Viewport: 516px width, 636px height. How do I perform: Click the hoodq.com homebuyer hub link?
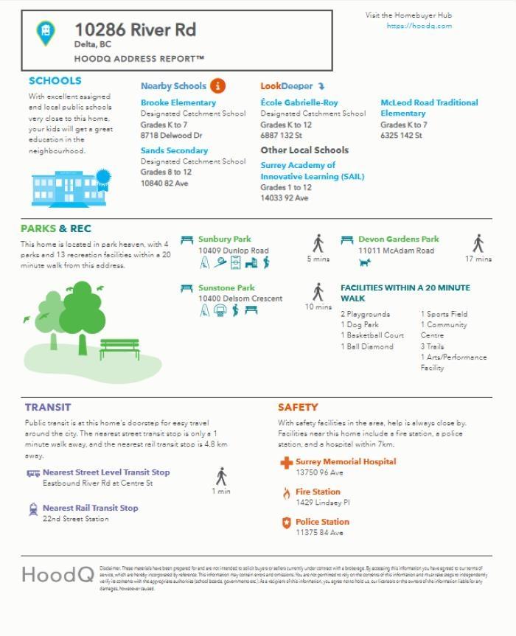419,26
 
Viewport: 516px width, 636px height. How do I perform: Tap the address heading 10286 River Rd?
135,30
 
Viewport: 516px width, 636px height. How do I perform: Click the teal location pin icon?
46,32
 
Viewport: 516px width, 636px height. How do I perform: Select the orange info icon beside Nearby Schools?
217,85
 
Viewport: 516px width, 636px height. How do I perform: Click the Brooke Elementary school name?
178,103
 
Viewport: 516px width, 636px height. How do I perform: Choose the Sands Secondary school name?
174,150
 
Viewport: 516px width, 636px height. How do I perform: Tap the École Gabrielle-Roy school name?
299,103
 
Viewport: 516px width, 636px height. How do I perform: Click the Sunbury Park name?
224,240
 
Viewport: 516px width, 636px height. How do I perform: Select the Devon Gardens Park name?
398,240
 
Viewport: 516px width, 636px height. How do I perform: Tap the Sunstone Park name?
226,288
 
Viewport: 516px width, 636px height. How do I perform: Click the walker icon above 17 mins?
478,243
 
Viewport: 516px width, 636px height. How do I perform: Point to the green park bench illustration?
119,348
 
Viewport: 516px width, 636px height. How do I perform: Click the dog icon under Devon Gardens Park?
364,262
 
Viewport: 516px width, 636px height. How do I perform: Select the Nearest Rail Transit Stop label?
90,508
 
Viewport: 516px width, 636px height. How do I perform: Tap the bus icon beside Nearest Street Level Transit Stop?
33,473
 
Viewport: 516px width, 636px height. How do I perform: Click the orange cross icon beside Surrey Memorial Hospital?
286,463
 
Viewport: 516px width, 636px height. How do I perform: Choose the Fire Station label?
318,492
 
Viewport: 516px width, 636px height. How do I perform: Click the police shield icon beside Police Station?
286,523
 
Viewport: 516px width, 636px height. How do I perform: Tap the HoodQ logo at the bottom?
57,574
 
